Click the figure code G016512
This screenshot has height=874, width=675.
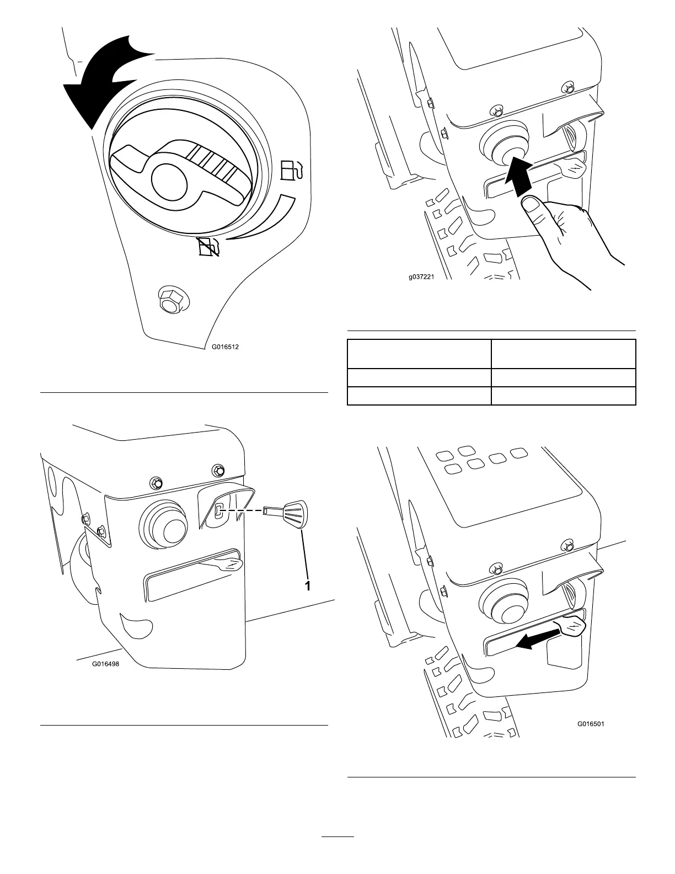point(226,348)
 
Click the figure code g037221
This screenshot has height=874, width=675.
point(421,278)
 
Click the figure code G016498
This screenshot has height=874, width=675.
point(105,664)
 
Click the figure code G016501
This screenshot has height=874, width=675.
point(591,724)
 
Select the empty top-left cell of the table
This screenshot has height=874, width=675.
point(419,354)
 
